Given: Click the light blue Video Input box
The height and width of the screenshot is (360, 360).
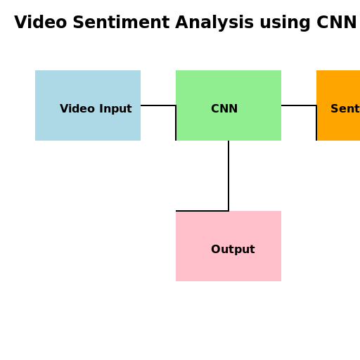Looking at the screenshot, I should click(x=88, y=105).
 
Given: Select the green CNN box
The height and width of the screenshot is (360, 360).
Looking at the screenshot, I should click(x=229, y=105).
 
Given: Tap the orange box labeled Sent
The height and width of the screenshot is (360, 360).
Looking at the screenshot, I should click(x=338, y=105).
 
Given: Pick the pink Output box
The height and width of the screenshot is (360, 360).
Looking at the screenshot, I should click(x=229, y=246).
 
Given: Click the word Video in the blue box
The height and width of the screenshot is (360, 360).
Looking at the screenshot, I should click(x=76, y=109).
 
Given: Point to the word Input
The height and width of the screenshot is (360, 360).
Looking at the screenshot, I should click(x=114, y=109).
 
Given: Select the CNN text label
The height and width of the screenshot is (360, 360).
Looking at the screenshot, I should click(x=224, y=109).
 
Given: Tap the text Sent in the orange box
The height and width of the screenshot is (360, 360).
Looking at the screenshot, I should click(x=345, y=109).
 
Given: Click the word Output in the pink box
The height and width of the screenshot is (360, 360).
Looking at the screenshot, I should click(x=233, y=250).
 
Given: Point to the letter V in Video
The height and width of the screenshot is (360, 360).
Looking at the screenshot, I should click(x=64, y=109).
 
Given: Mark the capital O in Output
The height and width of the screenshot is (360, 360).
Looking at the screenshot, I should click(x=216, y=250).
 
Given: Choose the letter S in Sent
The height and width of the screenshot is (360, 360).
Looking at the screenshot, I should click(x=335, y=109).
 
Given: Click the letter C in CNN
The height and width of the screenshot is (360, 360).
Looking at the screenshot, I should click(x=215, y=109).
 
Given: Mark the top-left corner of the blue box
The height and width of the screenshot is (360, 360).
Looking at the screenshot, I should click(x=36, y=71).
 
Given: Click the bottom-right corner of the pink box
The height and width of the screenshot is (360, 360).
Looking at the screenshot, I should click(x=281, y=281).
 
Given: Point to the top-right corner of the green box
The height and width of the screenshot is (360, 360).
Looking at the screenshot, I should click(x=281, y=71).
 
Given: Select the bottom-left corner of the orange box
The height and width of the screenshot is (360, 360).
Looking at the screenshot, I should click(x=318, y=140).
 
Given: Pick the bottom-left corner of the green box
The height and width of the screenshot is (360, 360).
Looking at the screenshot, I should click(x=177, y=140).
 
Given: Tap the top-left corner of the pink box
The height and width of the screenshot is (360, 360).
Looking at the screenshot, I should click(x=176, y=212).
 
